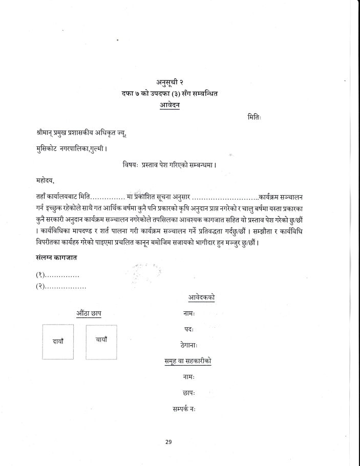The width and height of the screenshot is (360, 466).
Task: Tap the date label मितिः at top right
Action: pos(255,117)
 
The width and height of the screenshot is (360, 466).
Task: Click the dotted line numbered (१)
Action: pos(57,277)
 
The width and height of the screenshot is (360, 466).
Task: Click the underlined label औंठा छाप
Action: pos(88,313)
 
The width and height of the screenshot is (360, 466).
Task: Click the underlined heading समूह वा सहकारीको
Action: pos(185,361)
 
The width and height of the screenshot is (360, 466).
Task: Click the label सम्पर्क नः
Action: pos(185,409)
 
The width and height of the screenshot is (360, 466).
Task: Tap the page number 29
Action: pos(169,442)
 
